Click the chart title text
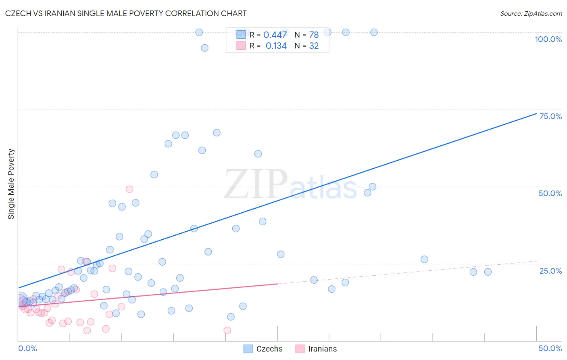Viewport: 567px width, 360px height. coord(126,13)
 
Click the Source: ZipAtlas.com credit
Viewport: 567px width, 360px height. coord(531,14)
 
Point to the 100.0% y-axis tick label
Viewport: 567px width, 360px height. coord(548,39)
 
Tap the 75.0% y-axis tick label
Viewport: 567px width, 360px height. coord(550,116)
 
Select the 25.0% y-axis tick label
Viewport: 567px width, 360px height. coord(550,271)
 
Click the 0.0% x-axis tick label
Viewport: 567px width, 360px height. coord(27,348)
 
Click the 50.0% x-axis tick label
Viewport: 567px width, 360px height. coord(550,348)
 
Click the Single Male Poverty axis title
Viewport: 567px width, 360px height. coord(11,184)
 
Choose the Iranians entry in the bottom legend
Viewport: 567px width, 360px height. coord(317,349)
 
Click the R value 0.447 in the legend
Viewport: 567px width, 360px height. coord(275,35)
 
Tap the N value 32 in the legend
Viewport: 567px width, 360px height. coord(314,46)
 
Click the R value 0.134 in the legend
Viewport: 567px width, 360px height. coord(276,46)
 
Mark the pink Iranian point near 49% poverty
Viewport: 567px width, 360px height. coord(129,189)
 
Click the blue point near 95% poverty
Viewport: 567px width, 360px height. coord(204,48)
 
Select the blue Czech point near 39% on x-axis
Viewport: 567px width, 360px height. coord(424,260)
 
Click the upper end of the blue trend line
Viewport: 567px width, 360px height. coord(536,113)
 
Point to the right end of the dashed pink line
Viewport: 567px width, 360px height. coord(536,261)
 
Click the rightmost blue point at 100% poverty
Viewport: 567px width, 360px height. coord(374,32)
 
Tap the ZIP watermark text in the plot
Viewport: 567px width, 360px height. coord(256,184)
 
